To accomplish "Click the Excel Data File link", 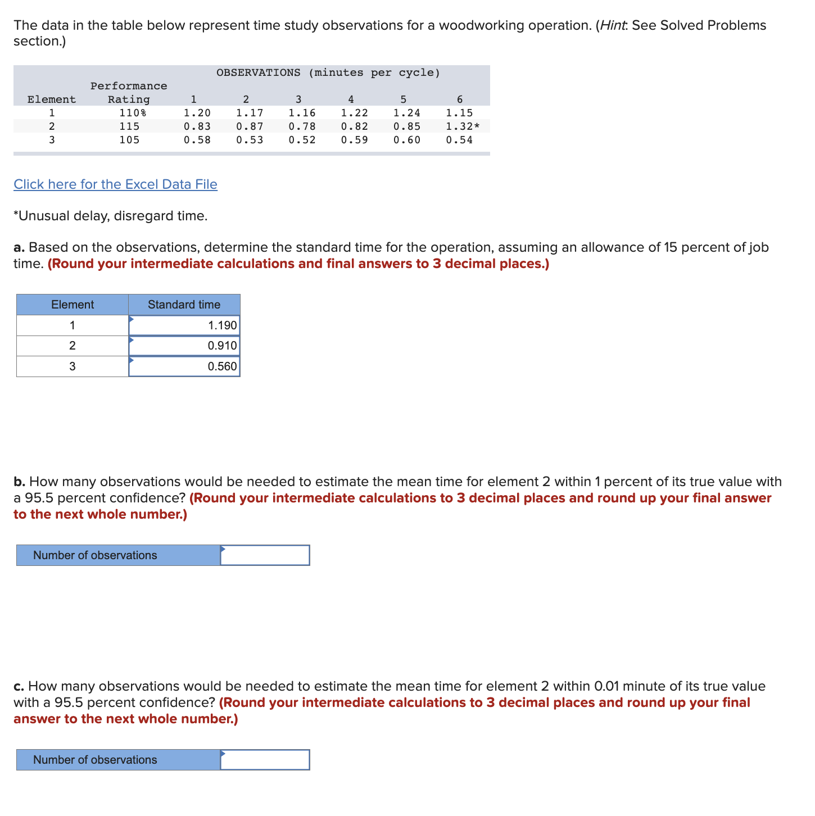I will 115,184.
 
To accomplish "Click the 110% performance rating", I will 133,113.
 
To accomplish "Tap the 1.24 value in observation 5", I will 406,113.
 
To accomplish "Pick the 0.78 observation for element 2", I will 302,126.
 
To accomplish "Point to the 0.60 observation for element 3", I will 406,140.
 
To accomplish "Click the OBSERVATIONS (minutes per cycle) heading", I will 328,72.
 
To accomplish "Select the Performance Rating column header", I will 129,93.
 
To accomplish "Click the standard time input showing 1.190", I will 184,325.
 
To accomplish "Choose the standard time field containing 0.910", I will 184,346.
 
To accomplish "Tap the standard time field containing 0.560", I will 184,366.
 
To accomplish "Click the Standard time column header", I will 184,305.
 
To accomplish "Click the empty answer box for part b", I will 265,555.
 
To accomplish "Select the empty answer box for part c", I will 265,760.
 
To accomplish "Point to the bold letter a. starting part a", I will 19,248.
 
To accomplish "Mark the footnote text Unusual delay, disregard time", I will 111,216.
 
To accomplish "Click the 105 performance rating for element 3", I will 129,140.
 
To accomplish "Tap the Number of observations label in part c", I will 95,760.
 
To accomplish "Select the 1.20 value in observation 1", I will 197,113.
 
